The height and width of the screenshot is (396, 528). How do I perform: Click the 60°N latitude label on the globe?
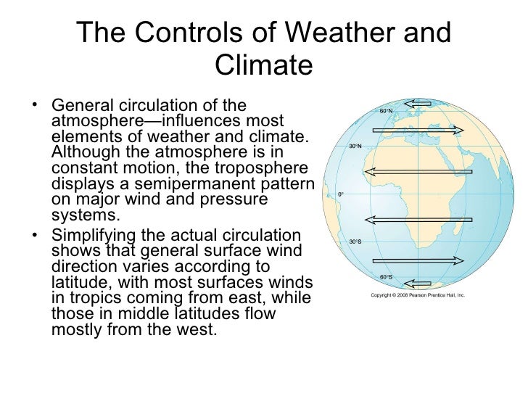(x=385, y=111)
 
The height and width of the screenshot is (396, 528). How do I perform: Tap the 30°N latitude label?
(x=355, y=146)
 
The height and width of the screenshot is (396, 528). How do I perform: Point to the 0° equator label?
(x=340, y=194)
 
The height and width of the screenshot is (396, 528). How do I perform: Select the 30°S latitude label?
(x=355, y=242)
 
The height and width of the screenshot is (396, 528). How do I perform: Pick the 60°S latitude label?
(x=386, y=276)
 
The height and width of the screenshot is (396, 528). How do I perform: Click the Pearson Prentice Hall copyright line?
(x=417, y=297)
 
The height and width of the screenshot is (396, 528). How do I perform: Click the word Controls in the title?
(x=192, y=33)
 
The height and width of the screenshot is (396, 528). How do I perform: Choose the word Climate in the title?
(x=264, y=66)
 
